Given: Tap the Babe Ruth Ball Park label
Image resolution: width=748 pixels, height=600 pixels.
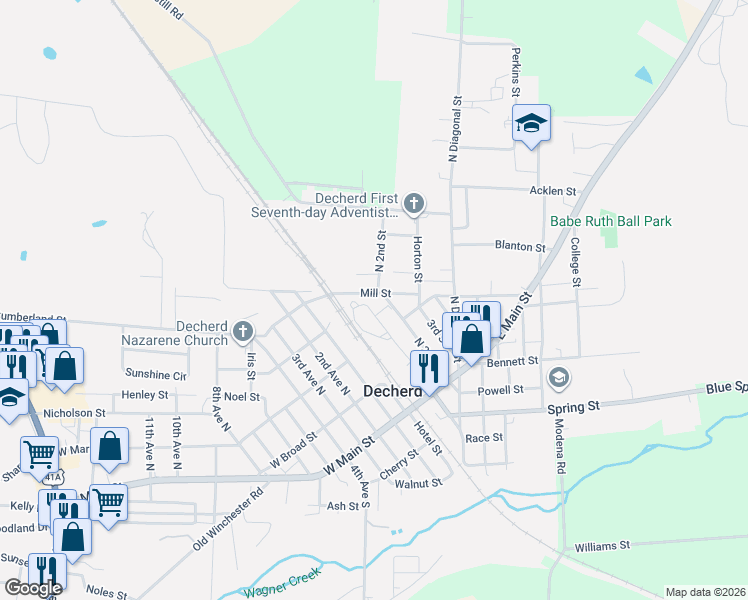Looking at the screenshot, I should point(610,221).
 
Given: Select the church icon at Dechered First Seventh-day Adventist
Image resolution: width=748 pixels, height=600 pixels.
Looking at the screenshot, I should point(413,204).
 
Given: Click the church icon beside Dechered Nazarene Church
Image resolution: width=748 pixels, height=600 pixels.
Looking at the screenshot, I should point(241,331).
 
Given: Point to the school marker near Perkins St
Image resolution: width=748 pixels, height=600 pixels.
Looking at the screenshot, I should point(531,123).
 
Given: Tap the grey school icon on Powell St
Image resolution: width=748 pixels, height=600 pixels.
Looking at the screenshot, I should point(559,378).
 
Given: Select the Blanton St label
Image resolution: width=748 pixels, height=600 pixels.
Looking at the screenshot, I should point(520,246).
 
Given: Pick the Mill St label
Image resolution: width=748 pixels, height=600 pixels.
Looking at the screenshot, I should point(375,293).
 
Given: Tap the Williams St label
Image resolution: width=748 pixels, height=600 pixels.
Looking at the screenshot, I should point(602,546).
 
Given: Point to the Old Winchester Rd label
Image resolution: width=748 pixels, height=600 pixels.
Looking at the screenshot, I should point(228,518).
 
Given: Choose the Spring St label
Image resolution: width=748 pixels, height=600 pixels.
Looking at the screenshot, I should point(572,407).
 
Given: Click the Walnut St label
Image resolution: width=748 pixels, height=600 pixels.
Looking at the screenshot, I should point(418,483).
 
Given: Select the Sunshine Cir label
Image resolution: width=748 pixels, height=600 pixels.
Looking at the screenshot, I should point(156,375).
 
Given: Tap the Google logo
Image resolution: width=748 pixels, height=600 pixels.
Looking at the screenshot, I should point(33,588).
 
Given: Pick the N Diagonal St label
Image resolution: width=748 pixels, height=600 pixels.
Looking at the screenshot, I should point(454,129).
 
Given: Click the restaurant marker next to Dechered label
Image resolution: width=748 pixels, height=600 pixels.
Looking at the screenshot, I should point(429,367).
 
